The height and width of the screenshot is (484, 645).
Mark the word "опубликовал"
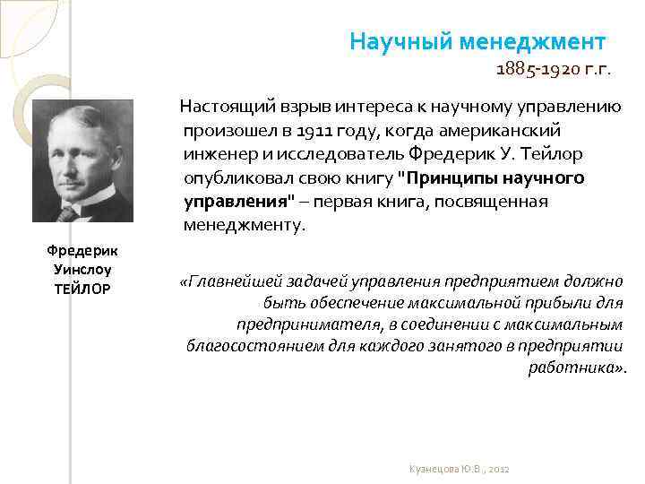click(x=235, y=178)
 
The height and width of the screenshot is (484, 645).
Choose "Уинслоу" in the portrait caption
click(x=82, y=270)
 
